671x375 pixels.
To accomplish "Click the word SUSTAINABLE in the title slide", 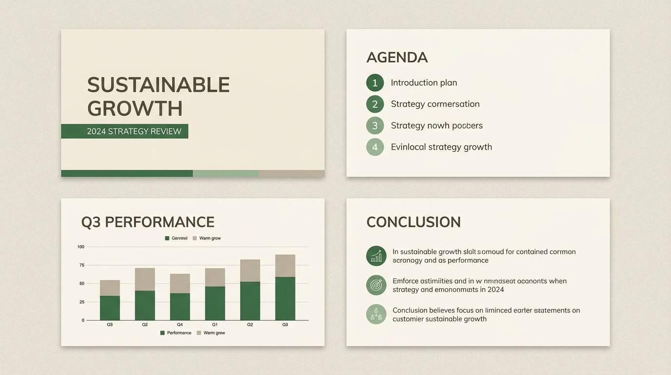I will pos(158,85).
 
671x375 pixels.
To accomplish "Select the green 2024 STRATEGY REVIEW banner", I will pos(124,131).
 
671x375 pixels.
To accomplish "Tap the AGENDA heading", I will pos(396,58).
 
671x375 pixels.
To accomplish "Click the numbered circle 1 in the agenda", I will pos(375,83).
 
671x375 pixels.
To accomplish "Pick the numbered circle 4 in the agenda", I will pos(375,147).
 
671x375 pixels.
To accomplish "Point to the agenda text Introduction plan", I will pos(424,83).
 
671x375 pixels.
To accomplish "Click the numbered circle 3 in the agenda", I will pos(375,125).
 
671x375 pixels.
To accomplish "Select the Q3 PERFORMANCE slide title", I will pos(148,222).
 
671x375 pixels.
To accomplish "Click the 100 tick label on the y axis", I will pos(81,247).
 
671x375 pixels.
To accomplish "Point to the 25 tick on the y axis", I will pos(82,302).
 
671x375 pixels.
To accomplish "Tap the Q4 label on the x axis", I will pos(180,325).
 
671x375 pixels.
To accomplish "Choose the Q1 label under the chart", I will pos(215,325).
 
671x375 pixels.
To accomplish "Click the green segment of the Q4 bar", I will pos(180,307).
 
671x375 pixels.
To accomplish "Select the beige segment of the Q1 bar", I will pos(215,277).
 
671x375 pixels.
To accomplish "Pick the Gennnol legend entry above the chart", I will pos(176,238).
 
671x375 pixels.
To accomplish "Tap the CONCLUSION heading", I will pos(413,222).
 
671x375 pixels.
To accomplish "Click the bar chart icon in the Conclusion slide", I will pos(376,256).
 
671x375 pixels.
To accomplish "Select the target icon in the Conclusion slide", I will pos(376,285).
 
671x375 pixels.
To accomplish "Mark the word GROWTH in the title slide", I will pos(135,108).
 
